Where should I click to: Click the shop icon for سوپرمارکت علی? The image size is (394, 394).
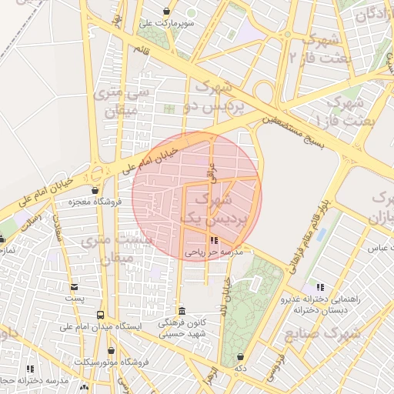click(x=169, y=12)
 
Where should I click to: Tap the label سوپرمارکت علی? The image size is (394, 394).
click(x=167, y=23)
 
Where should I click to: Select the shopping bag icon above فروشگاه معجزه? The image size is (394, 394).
click(x=95, y=190)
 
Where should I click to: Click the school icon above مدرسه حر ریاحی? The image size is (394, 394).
click(x=213, y=240)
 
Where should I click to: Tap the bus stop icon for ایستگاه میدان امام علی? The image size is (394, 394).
click(x=100, y=315)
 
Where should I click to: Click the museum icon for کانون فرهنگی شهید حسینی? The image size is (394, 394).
click(x=182, y=311)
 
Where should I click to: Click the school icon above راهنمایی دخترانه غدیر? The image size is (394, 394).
click(x=319, y=287)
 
